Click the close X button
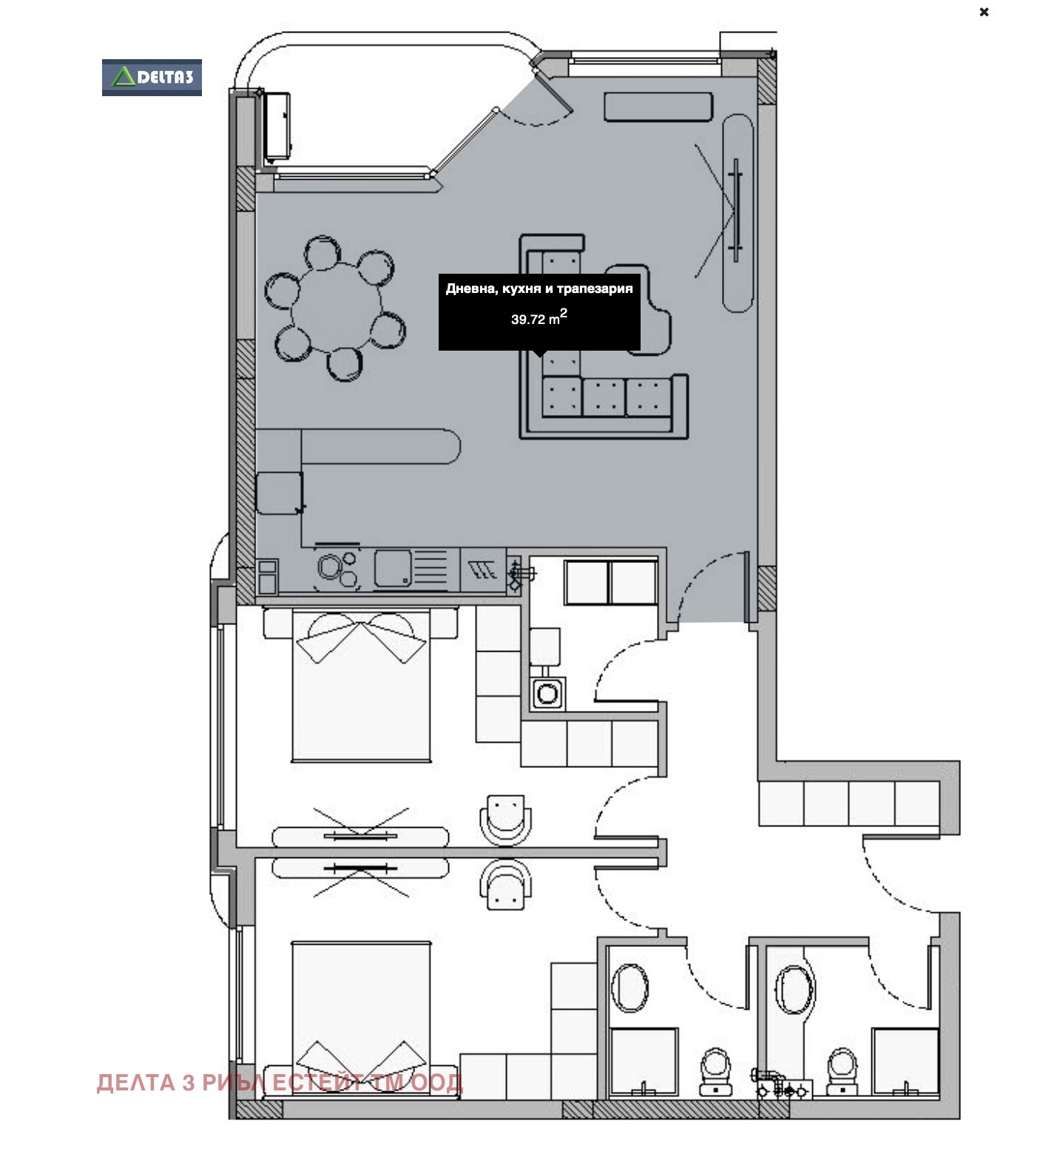[984, 12]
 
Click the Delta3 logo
[152, 77]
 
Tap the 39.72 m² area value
[539, 319]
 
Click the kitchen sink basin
[392, 569]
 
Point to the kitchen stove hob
[337, 569]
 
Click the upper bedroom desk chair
[506, 818]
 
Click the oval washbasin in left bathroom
[630, 988]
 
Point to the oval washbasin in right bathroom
[794, 990]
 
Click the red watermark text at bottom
[280, 1082]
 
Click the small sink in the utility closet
[547, 694]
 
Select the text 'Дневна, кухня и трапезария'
[539, 289]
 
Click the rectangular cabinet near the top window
[658, 107]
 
